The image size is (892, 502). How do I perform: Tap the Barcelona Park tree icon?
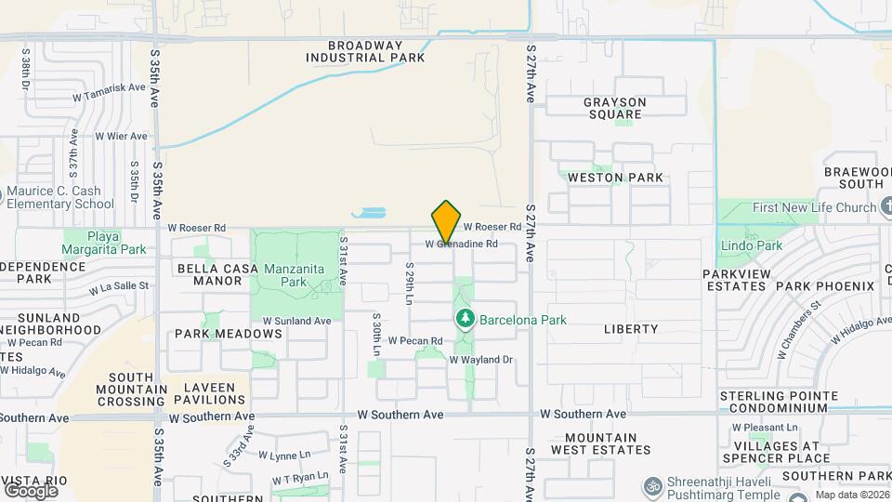[x=466, y=320]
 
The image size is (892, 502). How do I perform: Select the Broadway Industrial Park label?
[x=366, y=51]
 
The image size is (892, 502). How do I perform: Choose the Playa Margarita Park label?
[x=104, y=243]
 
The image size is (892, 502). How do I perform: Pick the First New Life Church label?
[x=814, y=207]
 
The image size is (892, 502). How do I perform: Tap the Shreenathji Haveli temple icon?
[x=651, y=485]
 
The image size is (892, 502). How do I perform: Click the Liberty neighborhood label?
[x=631, y=329]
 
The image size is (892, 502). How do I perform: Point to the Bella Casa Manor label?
[x=210, y=274]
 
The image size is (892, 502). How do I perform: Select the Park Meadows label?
[x=229, y=334]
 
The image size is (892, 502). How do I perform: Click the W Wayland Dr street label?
[x=481, y=360]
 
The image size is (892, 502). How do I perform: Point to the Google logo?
[x=31, y=490]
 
